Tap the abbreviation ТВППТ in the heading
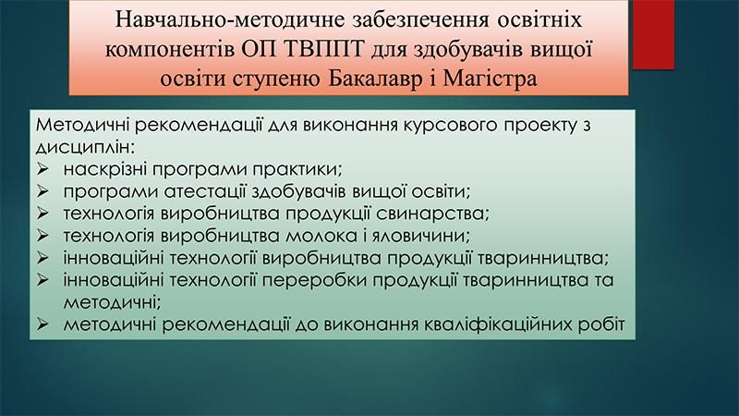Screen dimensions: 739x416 [x=324, y=49]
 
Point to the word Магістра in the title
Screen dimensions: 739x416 [x=490, y=79]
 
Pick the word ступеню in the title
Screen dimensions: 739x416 [x=276, y=80]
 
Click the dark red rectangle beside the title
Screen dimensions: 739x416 [x=653, y=35]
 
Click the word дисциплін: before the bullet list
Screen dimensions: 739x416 [x=85, y=148]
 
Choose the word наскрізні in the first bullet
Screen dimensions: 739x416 [x=104, y=169]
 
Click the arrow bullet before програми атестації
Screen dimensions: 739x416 [x=42, y=191]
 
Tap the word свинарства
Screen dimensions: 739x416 [x=432, y=214]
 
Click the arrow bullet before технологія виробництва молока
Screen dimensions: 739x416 [x=42, y=236]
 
